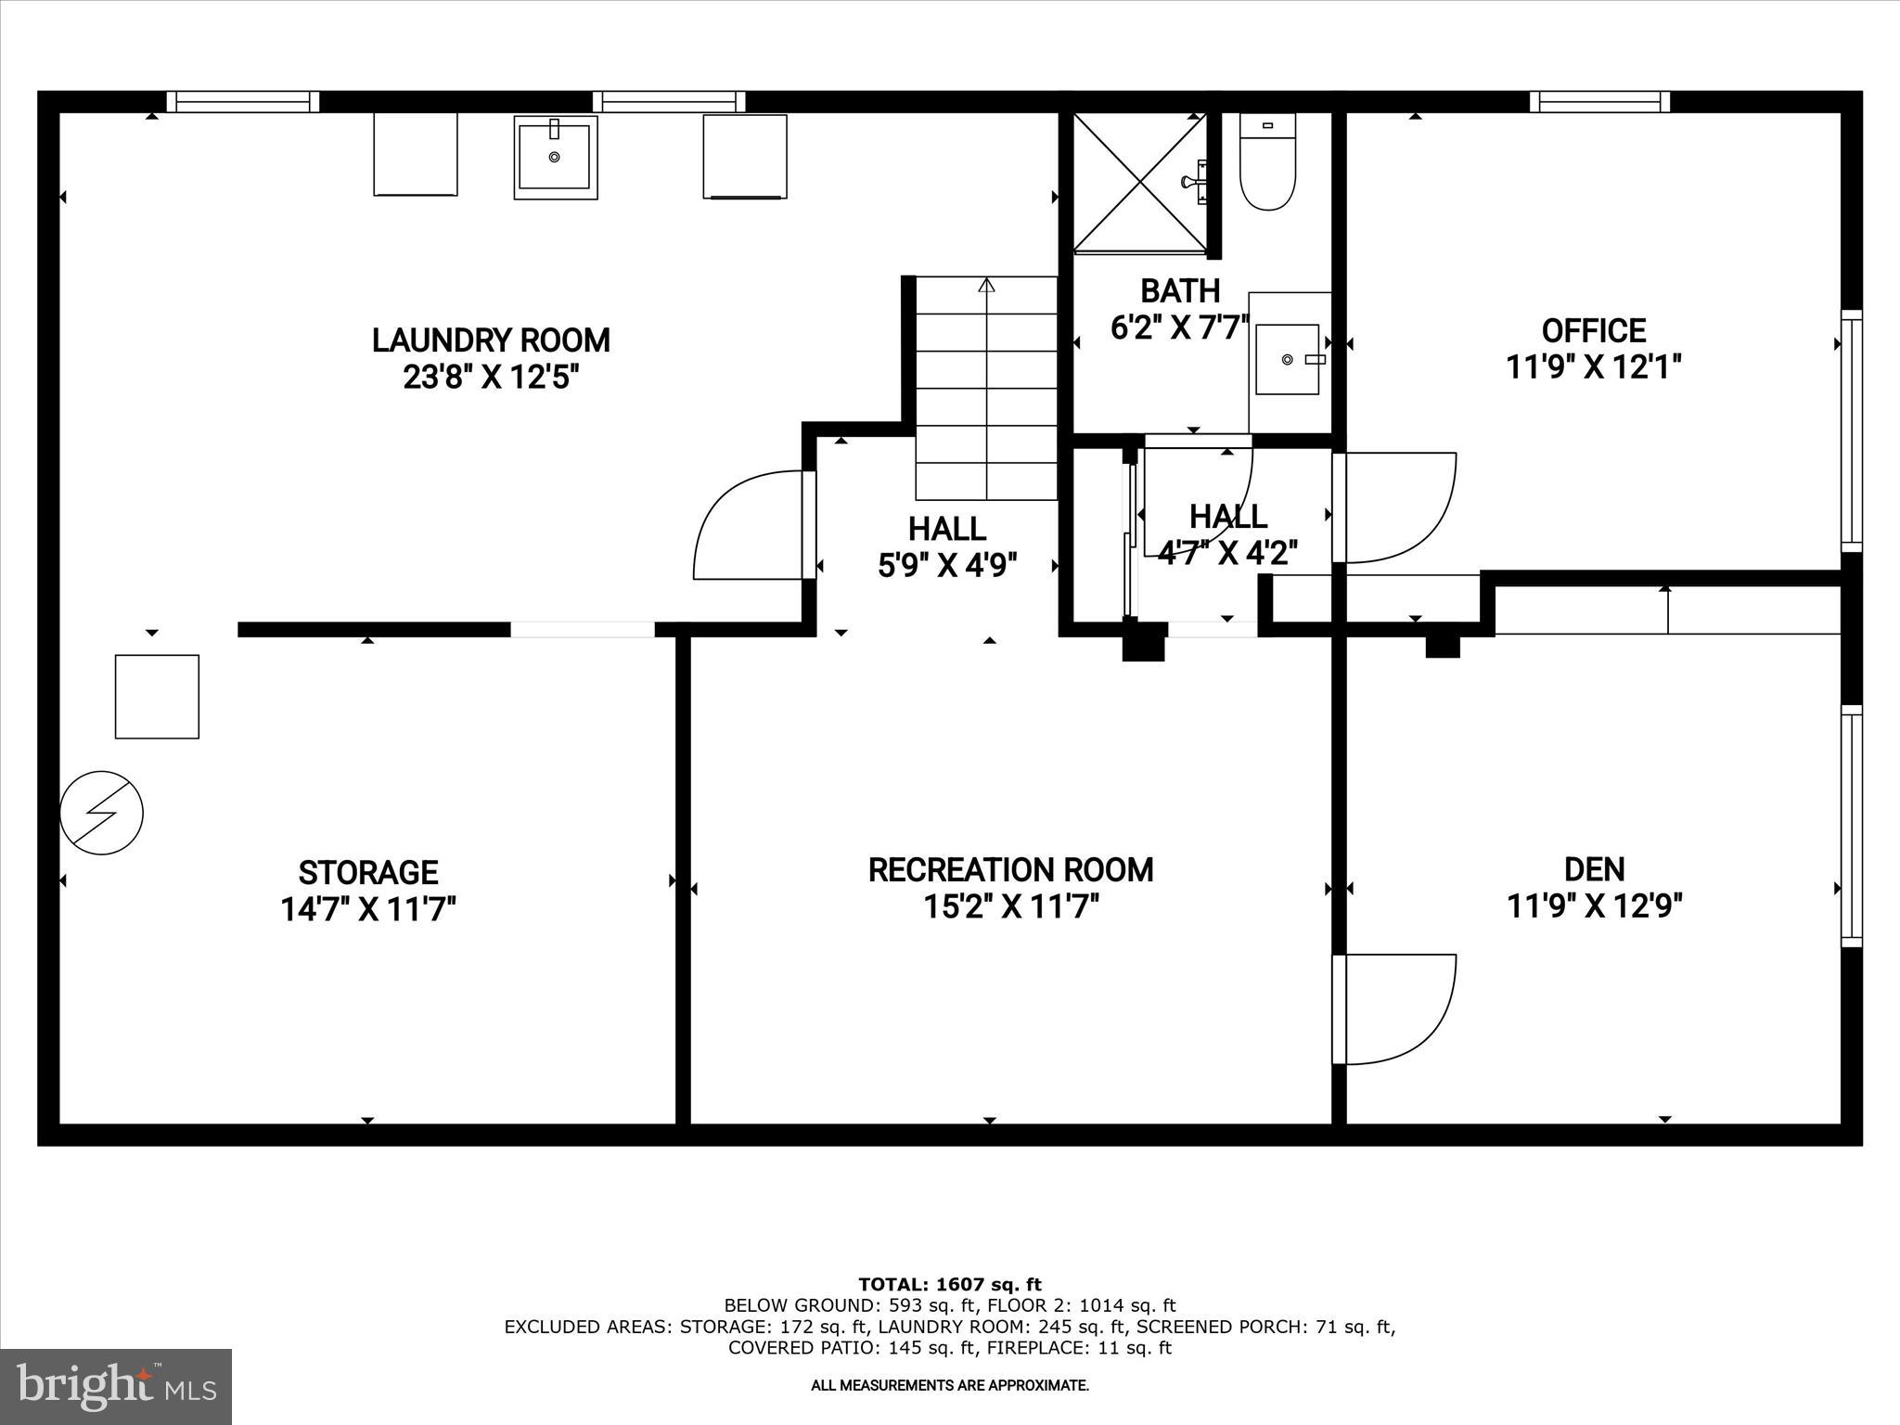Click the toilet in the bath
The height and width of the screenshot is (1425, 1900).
tap(1266, 167)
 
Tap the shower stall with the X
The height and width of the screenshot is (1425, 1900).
tap(1140, 182)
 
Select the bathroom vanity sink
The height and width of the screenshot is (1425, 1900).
tap(1288, 359)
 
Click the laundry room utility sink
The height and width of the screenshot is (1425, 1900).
tap(555, 157)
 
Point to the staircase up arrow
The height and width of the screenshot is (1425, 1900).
tap(986, 286)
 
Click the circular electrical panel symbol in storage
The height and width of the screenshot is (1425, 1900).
tap(102, 813)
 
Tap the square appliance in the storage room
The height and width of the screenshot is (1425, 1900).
tap(157, 697)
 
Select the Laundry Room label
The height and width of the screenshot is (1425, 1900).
tap(491, 340)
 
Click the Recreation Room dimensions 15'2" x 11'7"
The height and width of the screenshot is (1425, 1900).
tap(1010, 906)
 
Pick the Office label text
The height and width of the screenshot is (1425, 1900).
tap(1593, 331)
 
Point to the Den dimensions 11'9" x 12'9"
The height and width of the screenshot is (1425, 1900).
tap(1594, 905)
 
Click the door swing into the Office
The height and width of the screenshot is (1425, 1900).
tap(1396, 508)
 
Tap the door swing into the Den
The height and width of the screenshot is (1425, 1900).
tap(1396, 1008)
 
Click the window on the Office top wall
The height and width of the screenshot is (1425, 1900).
tap(1599, 101)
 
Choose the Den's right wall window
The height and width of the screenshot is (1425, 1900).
tap(1851, 826)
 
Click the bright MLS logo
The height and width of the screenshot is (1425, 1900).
tap(116, 1387)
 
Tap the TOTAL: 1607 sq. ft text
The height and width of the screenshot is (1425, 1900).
tap(950, 1284)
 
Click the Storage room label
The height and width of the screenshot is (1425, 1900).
tap(368, 873)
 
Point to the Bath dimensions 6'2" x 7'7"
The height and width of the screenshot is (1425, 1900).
tap(1179, 327)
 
